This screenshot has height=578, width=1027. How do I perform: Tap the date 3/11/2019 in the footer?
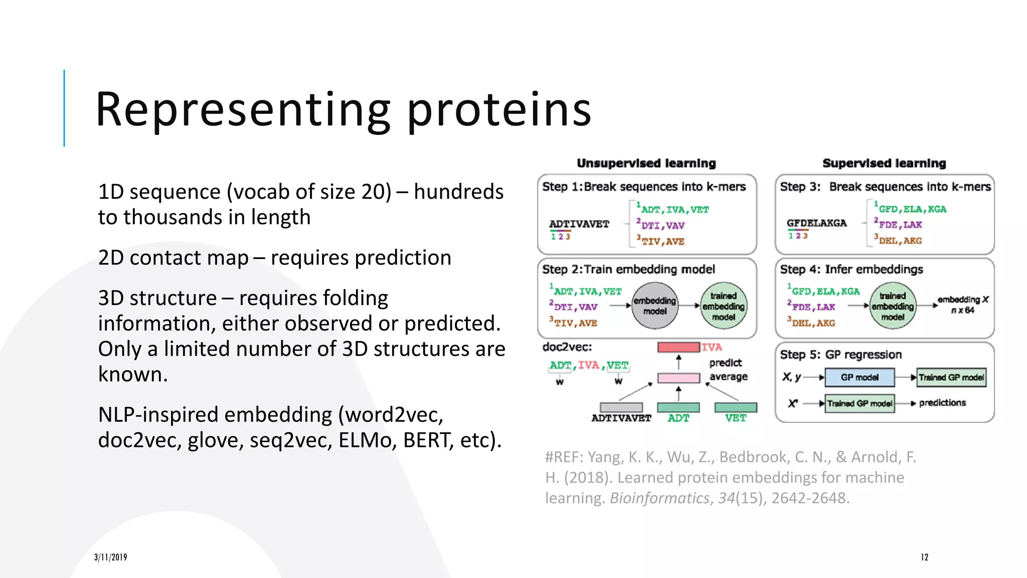click(x=110, y=557)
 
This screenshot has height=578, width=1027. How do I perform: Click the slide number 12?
click(x=924, y=557)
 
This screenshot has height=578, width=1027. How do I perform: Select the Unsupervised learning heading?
click(x=646, y=163)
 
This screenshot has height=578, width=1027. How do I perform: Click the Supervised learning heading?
click(x=884, y=163)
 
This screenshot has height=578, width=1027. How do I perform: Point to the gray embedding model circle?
click(x=654, y=306)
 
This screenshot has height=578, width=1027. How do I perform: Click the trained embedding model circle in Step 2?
click(x=723, y=306)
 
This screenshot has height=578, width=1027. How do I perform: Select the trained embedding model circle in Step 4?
click(x=892, y=306)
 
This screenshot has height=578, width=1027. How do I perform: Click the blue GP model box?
click(x=860, y=377)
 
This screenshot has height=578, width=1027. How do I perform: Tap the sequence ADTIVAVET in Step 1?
click(x=579, y=224)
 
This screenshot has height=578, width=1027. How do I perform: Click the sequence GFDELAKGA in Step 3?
click(x=816, y=223)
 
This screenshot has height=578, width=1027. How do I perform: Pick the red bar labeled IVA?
click(x=678, y=347)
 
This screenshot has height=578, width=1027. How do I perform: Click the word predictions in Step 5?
click(x=942, y=403)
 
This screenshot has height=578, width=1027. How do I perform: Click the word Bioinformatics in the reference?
click(x=659, y=498)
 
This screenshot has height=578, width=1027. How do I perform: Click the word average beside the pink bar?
click(x=728, y=377)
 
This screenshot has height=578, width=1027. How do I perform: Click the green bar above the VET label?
click(x=736, y=407)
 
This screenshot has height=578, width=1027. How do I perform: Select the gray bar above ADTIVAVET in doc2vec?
click(x=621, y=407)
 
